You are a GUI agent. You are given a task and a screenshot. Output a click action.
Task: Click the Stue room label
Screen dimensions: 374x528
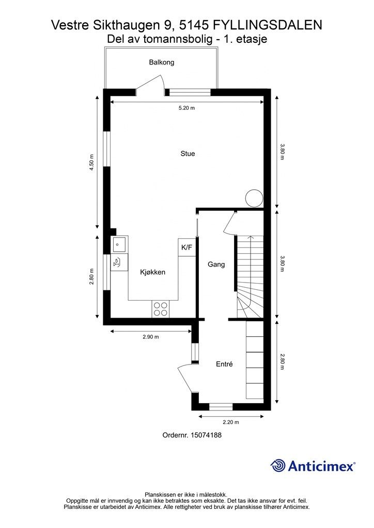(x=188, y=154)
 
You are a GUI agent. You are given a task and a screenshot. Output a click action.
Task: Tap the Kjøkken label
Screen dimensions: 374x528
(x=153, y=272)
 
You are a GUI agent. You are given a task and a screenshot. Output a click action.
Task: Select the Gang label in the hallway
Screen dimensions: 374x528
(x=216, y=265)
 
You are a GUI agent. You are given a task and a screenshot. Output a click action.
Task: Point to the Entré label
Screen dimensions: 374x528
(x=224, y=364)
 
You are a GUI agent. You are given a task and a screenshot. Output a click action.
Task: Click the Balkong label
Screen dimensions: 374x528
(x=162, y=62)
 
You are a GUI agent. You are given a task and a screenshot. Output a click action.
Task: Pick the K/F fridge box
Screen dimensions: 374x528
(x=187, y=247)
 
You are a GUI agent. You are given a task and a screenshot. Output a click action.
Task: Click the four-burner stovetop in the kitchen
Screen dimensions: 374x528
(x=160, y=309)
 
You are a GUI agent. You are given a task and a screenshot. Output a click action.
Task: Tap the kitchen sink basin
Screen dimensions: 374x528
(x=119, y=244)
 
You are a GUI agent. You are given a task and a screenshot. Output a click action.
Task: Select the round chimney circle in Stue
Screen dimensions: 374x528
(x=254, y=199)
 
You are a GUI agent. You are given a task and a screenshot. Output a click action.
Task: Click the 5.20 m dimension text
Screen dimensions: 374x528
(x=186, y=108)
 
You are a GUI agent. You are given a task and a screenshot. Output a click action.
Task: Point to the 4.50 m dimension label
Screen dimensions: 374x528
(x=91, y=162)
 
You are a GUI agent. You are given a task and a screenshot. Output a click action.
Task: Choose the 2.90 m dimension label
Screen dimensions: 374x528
(x=151, y=337)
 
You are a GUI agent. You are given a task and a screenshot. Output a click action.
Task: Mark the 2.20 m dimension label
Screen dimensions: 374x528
(x=231, y=422)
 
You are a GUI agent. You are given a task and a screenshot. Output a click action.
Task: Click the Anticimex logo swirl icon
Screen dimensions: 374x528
(x=278, y=466)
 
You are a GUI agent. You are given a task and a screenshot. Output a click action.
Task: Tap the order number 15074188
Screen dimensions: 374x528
(x=206, y=435)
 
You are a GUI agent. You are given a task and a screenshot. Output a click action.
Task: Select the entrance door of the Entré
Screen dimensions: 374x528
(x=185, y=379)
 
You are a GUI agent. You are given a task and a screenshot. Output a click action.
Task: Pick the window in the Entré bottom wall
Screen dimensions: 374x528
(x=221, y=407)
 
